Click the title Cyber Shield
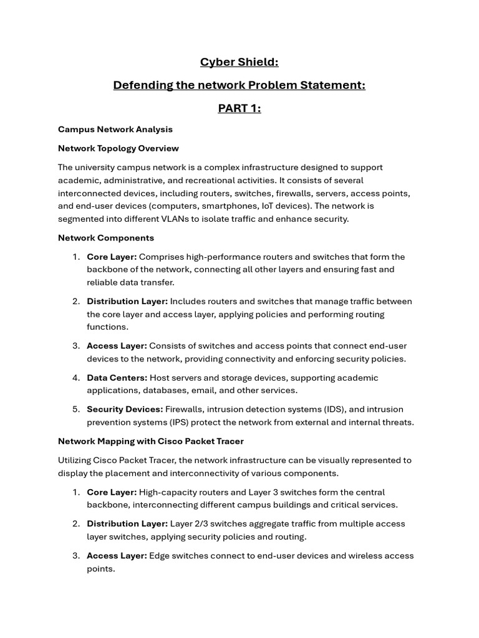pyautogui.click(x=239, y=62)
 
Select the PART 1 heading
pyautogui.click(x=239, y=108)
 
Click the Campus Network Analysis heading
pyautogui.click(x=115, y=130)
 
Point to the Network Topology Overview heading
pyautogui.click(x=119, y=148)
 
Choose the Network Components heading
pyautogui.click(x=106, y=238)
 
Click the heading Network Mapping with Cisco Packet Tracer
pyautogui.click(x=151, y=441)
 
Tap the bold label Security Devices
pyautogui.click(x=125, y=409)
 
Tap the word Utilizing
pyautogui.click(x=76, y=460)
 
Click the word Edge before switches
pyautogui.click(x=160, y=556)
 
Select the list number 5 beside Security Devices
pyautogui.click(x=76, y=409)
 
